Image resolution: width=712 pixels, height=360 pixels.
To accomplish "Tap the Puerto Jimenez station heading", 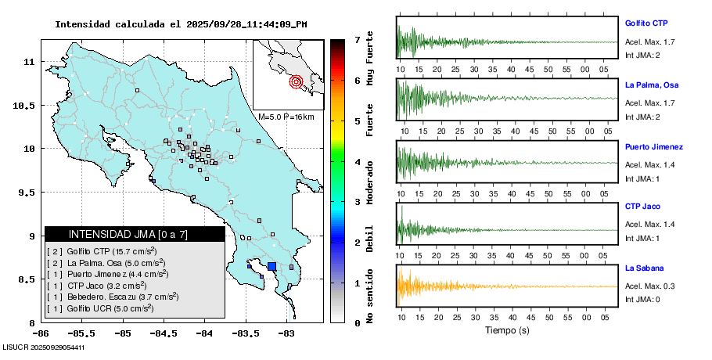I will click(654, 147).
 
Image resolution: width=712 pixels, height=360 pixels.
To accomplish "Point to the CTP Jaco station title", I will click(642, 207).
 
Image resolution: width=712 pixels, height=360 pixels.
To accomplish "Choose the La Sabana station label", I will click(643, 268).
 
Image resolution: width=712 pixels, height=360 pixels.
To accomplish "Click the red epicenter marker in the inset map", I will click(296, 81).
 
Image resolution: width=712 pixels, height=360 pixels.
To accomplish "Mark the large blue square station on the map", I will click(272, 267).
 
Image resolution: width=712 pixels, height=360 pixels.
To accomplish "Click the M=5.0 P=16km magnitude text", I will click(286, 117).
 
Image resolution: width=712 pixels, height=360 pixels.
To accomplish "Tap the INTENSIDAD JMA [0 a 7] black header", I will click(135, 234).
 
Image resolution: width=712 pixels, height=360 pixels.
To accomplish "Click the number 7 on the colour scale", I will click(357, 39).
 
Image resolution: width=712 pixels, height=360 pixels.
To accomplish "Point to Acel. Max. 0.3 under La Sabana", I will click(649, 286).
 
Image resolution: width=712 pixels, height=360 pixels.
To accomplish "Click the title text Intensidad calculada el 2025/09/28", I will click(181, 24).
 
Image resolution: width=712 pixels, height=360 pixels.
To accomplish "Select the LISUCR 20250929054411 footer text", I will click(44, 347).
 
